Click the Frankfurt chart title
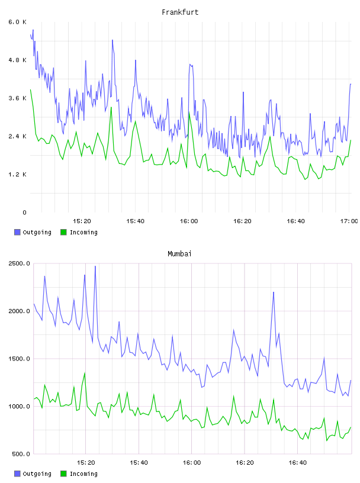pos(180,12)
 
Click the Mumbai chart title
pos(179,254)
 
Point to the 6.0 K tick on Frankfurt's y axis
pos(17,22)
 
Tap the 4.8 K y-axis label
pos(17,60)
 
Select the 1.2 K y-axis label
pos(17,175)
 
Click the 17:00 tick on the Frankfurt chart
pos(349,221)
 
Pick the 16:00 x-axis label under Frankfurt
pos(189,221)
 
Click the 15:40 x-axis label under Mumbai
pos(139,462)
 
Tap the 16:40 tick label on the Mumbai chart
pos(297,462)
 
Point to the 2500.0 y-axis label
pos(19,263)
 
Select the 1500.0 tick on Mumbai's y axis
pos(19,359)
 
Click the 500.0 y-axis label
pos(21,454)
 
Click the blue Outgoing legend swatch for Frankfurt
pos(17,232)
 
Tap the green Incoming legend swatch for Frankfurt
pos(63,232)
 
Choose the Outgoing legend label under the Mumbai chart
pos(37,474)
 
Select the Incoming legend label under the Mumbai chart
pos(83,474)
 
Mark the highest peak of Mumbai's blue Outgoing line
pos(95,266)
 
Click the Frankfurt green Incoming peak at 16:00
pos(189,112)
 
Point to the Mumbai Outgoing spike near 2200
pos(274,292)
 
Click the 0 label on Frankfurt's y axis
pos(24,212)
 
